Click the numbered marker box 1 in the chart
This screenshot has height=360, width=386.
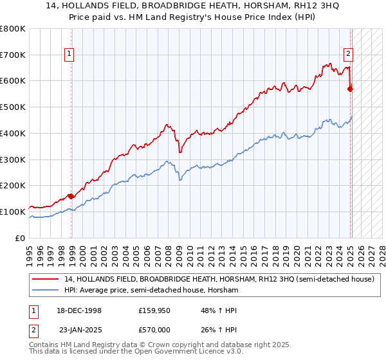tap(69, 55)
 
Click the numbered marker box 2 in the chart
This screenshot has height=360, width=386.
tap(348, 55)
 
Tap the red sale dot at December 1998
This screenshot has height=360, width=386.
tap(71, 196)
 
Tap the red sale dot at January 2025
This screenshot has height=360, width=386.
tap(350, 89)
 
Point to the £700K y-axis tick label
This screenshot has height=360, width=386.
tap(13, 55)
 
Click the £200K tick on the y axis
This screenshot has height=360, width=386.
tap(13, 185)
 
